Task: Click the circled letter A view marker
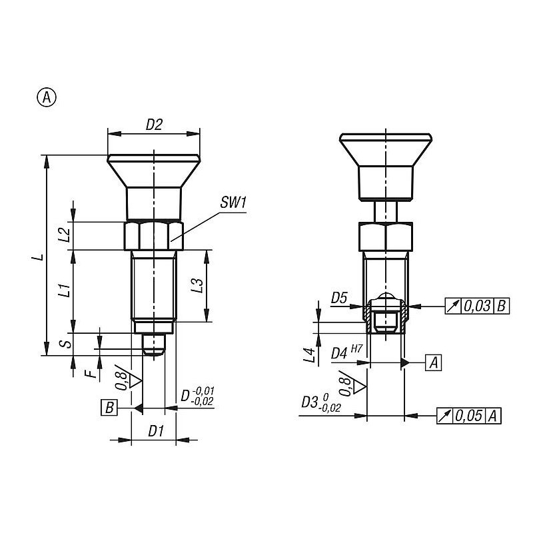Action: pos(47,97)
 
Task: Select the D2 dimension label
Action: pos(154,125)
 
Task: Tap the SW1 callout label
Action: pos(233,203)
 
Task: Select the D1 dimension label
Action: pos(156,431)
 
